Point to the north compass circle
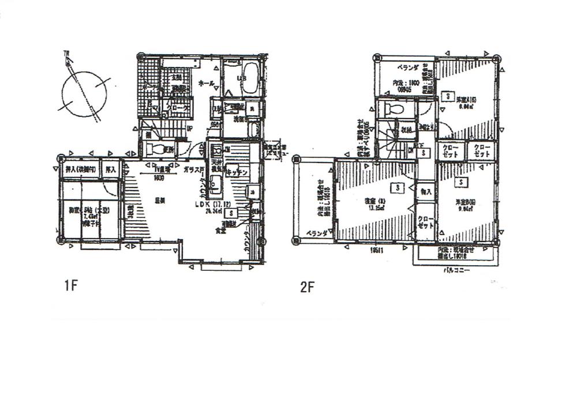tap(84, 93)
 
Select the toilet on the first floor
tap(155, 149)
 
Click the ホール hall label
tap(207, 83)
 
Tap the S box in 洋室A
tap(446, 96)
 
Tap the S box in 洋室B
tap(462, 182)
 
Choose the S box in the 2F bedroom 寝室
tap(398, 188)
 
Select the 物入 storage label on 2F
tap(426, 191)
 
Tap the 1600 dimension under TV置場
tap(159, 178)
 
